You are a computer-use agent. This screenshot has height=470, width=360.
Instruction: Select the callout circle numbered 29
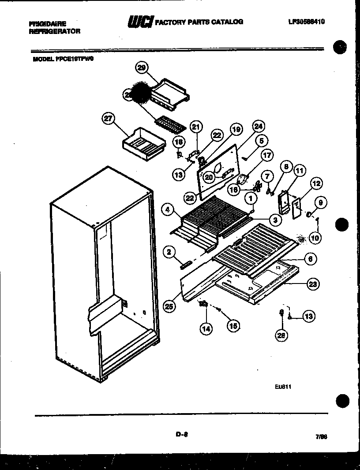(141, 67)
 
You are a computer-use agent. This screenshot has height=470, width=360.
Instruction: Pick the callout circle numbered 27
(108, 119)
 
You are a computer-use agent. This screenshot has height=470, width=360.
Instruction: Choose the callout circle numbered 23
(312, 284)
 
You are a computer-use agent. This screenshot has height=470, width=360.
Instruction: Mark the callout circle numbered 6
(310, 259)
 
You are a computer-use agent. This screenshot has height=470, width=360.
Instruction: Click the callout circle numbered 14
(206, 328)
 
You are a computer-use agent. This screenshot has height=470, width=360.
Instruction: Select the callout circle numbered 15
(233, 326)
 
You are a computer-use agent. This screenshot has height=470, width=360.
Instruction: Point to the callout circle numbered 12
(316, 183)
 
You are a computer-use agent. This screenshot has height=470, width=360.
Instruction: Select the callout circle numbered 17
(267, 155)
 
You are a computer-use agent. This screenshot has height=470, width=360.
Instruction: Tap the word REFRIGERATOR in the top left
(54, 31)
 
